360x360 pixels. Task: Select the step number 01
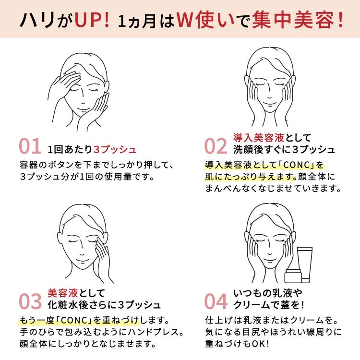coord(30,146)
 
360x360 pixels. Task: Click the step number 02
coord(216,146)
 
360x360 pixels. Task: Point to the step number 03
coord(30,301)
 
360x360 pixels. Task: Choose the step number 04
coord(216,301)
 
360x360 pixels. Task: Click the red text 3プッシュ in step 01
coord(115,149)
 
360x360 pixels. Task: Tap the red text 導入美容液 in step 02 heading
coord(259,138)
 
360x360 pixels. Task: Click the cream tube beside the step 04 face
coord(305,264)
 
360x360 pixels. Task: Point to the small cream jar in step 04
coord(293,276)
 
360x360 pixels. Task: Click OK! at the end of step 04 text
coord(260,344)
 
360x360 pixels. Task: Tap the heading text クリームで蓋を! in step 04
coord(269,305)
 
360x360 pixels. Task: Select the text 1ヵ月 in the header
coord(137,22)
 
